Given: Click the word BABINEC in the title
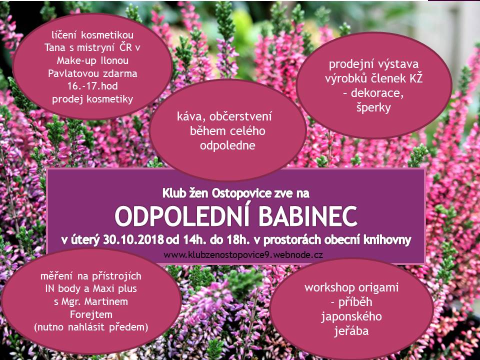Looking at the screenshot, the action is tap(307, 216).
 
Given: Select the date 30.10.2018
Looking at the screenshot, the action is tap(133, 239).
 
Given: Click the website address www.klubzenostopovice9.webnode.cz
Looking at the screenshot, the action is tap(243, 254).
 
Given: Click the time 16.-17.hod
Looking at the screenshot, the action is tap(92, 86).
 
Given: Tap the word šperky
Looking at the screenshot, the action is tap(373, 108).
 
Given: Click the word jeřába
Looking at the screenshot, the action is tap(351, 331).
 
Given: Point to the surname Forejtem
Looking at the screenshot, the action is tap(91, 314).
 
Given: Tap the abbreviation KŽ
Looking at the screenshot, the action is tap(415, 78).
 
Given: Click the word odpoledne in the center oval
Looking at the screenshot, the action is tap(227, 145).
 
